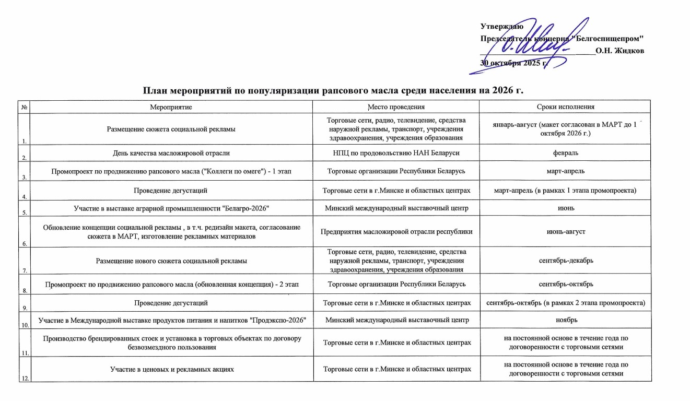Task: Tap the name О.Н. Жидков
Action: [619, 51]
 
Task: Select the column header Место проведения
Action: [395, 107]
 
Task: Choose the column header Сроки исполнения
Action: [565, 107]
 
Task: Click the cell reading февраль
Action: [565, 153]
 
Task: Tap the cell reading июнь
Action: [565, 208]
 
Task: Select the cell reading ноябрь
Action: [565, 319]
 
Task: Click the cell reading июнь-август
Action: [565, 231]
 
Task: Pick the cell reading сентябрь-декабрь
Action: [565, 260]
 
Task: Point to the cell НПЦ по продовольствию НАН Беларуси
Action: [395, 153]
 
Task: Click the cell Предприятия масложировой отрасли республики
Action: [395, 231]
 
